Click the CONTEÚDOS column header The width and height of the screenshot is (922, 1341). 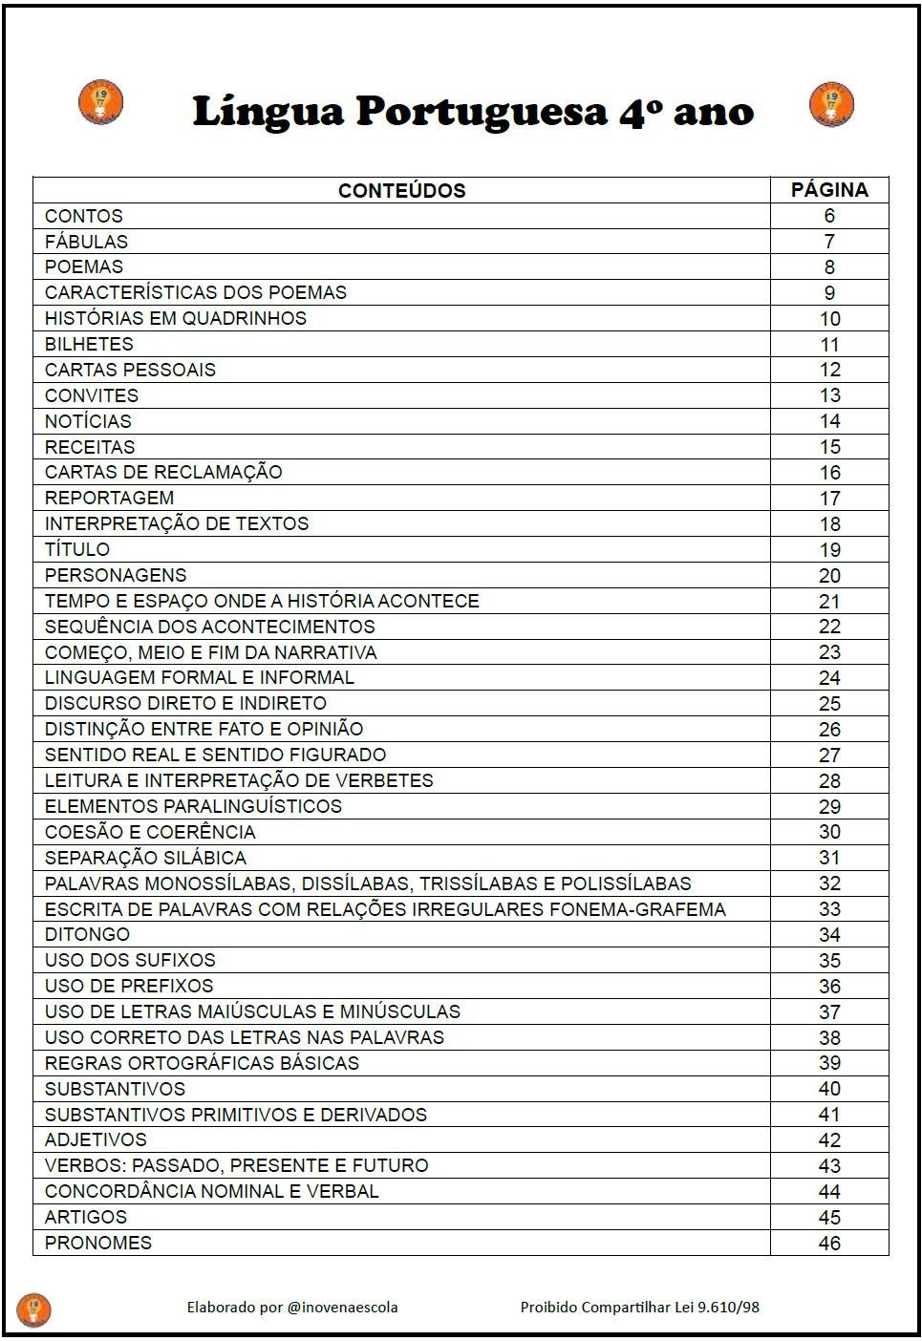(401, 190)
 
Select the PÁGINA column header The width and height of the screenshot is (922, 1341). (828, 190)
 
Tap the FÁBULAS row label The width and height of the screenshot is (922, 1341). (86, 242)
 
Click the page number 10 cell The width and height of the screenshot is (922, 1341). (829, 319)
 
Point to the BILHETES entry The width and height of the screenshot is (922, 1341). (89, 344)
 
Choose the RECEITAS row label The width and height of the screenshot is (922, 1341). (90, 447)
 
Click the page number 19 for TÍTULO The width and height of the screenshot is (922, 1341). (829, 550)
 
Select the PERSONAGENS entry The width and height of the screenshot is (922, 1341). (116, 575)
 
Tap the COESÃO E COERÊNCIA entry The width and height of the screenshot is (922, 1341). (150, 832)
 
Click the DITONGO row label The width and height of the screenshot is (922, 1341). (87, 934)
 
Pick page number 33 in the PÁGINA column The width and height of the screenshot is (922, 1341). (829, 909)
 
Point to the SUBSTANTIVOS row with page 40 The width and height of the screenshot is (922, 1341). (115, 1089)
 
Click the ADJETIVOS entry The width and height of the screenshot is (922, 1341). (96, 1139)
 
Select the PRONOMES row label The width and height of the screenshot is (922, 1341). (98, 1243)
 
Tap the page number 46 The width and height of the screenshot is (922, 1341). (829, 1244)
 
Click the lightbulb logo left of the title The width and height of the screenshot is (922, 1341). (100, 103)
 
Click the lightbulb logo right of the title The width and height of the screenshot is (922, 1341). (831, 104)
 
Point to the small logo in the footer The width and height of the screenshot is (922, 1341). (33, 1309)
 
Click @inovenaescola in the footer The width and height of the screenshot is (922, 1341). (342, 1307)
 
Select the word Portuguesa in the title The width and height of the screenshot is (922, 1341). (482, 113)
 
